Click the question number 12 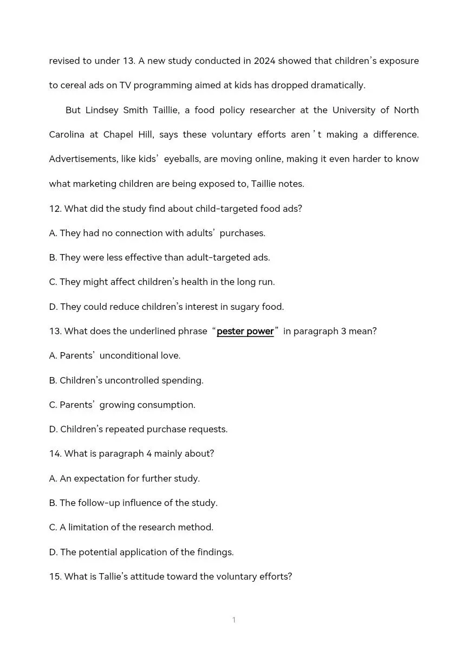55,209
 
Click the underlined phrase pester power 245,331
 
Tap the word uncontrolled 132,380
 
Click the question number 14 55,453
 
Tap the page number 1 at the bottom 234,620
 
